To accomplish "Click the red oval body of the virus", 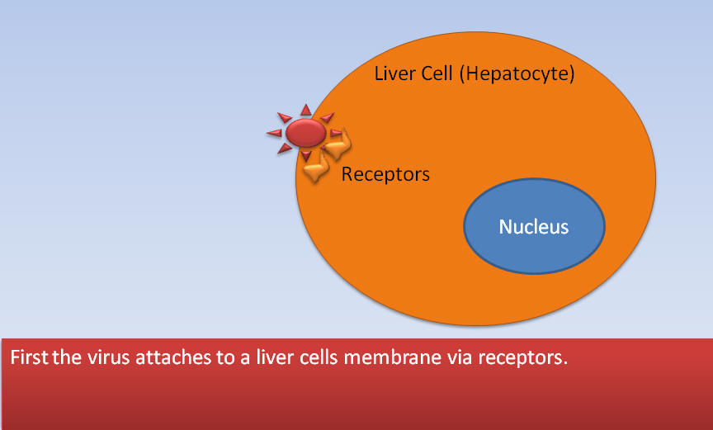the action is (306, 133).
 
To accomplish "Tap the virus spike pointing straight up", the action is (306, 110).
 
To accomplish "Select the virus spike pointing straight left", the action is (274, 133).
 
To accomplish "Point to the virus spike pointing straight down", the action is (306, 156).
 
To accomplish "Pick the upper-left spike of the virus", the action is (285, 118).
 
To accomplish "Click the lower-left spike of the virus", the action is (284, 149).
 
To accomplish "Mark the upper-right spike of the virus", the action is (328, 118).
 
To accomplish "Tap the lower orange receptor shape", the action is (316, 167).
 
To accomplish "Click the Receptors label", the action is (385, 174).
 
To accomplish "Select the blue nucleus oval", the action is (534, 226).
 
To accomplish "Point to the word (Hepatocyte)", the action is (517, 74).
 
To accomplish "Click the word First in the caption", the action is (29, 357).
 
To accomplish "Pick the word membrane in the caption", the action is (392, 357).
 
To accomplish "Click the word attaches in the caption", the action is (173, 357).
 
